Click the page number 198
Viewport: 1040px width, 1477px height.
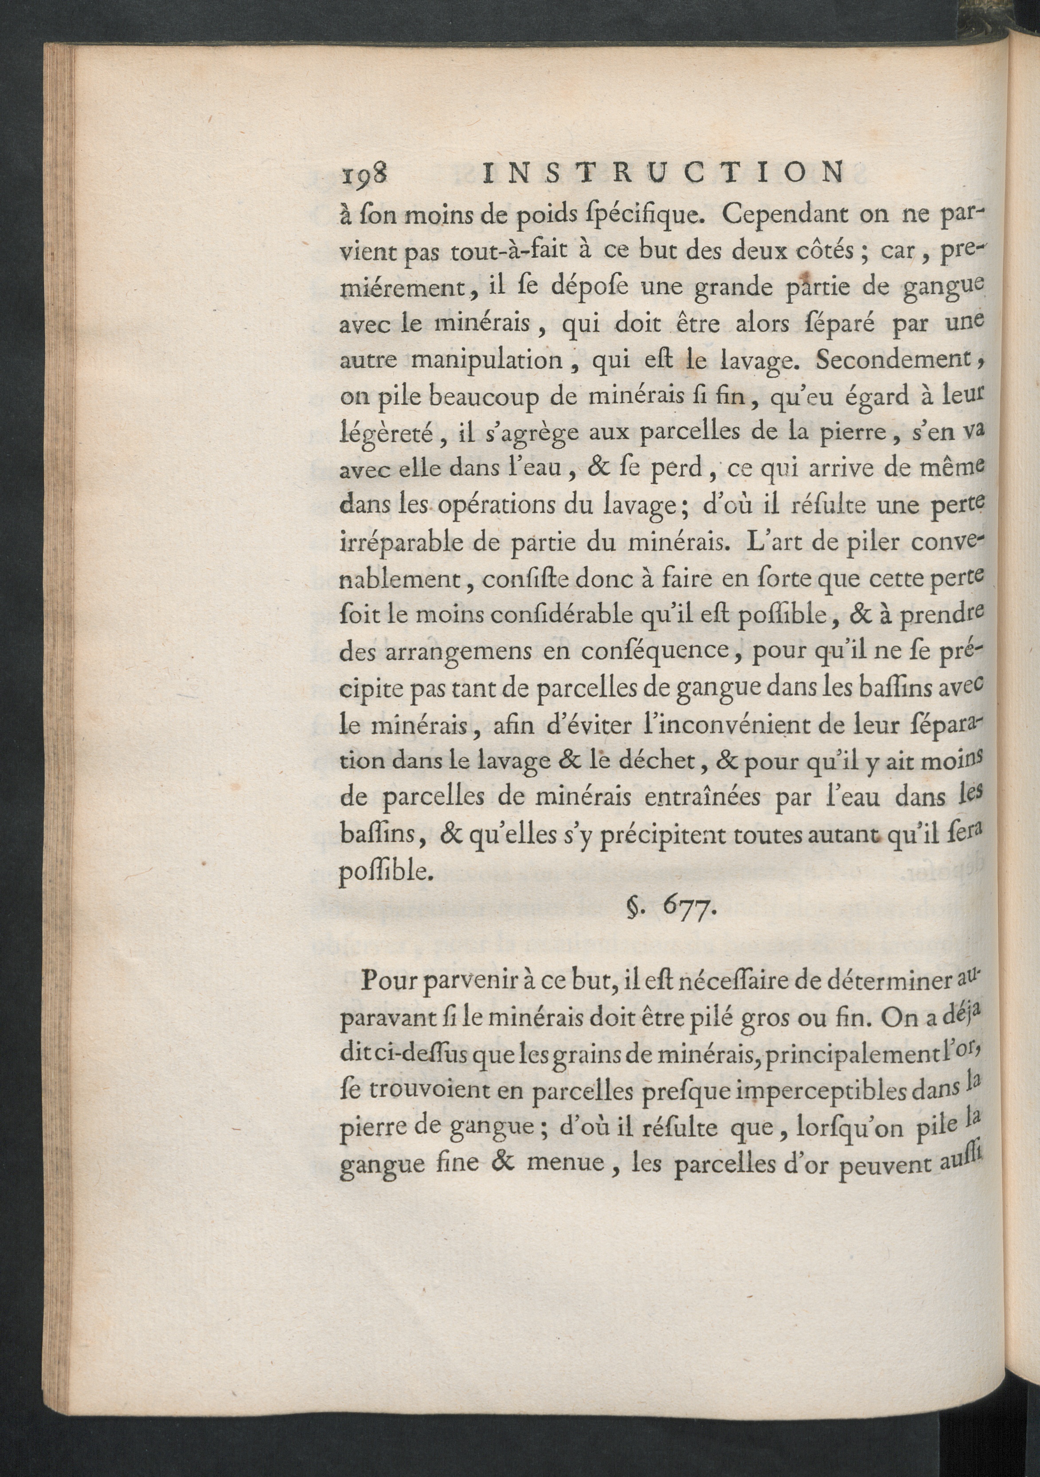click(363, 175)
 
